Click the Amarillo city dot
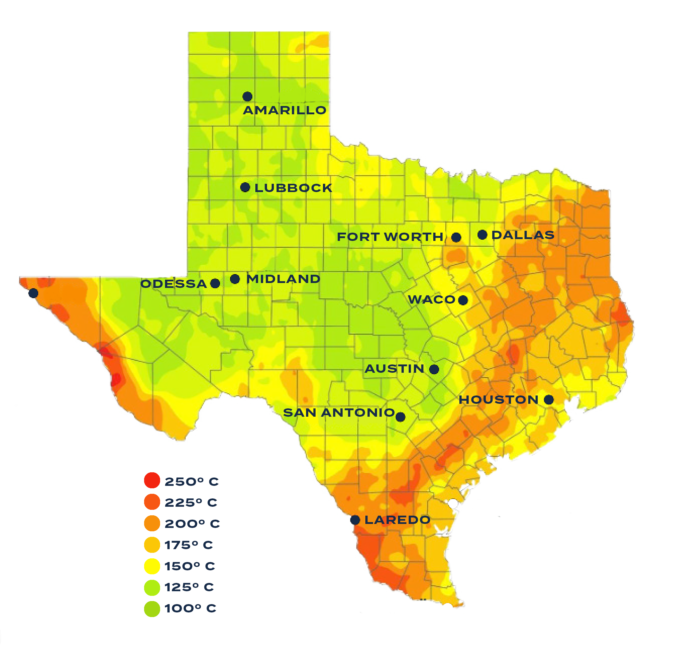point(247,96)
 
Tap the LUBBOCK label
point(293,188)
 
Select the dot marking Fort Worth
point(456,237)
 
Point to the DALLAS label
point(523,235)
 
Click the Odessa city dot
point(215,283)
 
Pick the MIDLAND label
point(283,279)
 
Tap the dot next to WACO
point(463,300)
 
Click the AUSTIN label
point(394,369)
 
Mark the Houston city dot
point(549,400)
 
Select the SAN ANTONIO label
point(339,412)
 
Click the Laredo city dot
point(355,520)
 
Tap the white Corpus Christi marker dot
point(453,504)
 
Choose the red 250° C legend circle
point(152,480)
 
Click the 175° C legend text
point(189,545)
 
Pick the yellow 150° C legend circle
point(152,566)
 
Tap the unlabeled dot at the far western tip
point(33,293)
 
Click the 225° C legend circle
point(152,502)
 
